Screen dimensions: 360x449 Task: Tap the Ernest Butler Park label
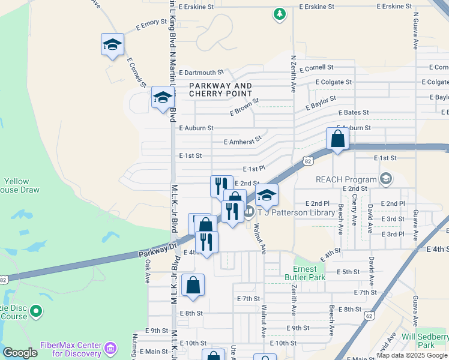pos(309,273)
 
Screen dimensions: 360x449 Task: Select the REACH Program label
pos(346,179)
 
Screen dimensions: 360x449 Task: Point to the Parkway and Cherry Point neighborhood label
pos(220,90)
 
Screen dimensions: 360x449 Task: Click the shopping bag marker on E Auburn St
pos(338,139)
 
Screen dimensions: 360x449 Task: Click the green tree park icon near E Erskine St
pos(279,14)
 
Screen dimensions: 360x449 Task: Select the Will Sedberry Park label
pos(425,341)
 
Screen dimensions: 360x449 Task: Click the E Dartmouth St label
pos(201,72)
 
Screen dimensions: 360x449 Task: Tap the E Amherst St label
pos(243,140)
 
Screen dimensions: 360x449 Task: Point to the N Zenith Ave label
pos(294,74)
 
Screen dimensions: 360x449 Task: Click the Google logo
pos(20,353)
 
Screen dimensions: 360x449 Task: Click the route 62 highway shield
pos(369,315)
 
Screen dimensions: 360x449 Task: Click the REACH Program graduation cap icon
pos(386,179)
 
